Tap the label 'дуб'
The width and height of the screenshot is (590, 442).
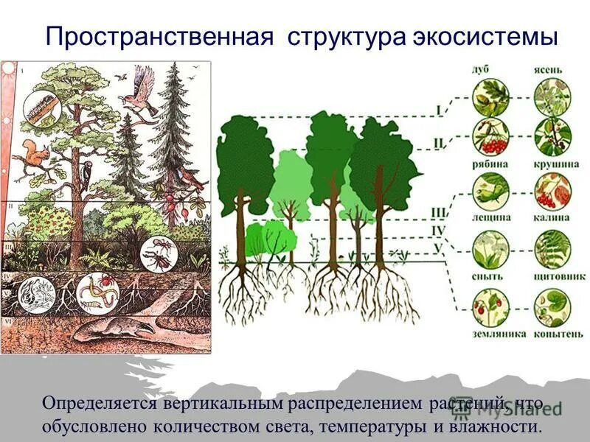point(482,70)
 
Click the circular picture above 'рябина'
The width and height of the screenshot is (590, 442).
point(489,137)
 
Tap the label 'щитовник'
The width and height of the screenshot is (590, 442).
point(551,276)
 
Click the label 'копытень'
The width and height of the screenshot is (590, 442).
point(551,334)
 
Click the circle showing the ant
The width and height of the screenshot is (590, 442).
point(159,253)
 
